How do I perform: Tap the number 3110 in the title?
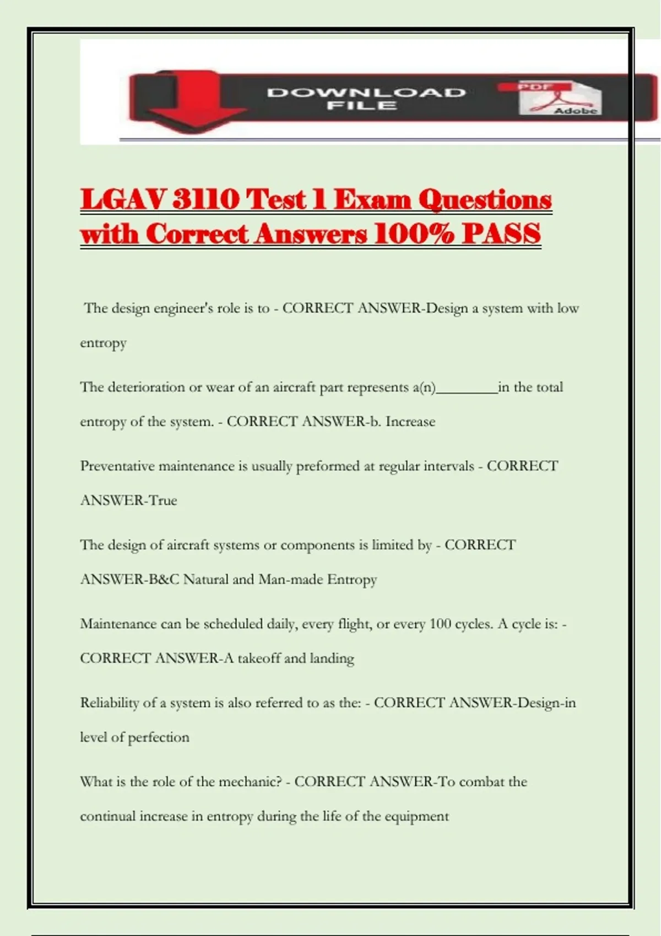click(205, 199)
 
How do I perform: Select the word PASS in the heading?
click(501, 233)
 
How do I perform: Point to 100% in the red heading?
click(414, 233)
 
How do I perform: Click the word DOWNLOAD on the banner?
click(366, 92)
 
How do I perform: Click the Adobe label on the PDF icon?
click(576, 111)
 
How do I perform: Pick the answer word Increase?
click(410, 422)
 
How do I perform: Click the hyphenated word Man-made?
click(290, 579)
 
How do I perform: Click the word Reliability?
click(109, 703)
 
